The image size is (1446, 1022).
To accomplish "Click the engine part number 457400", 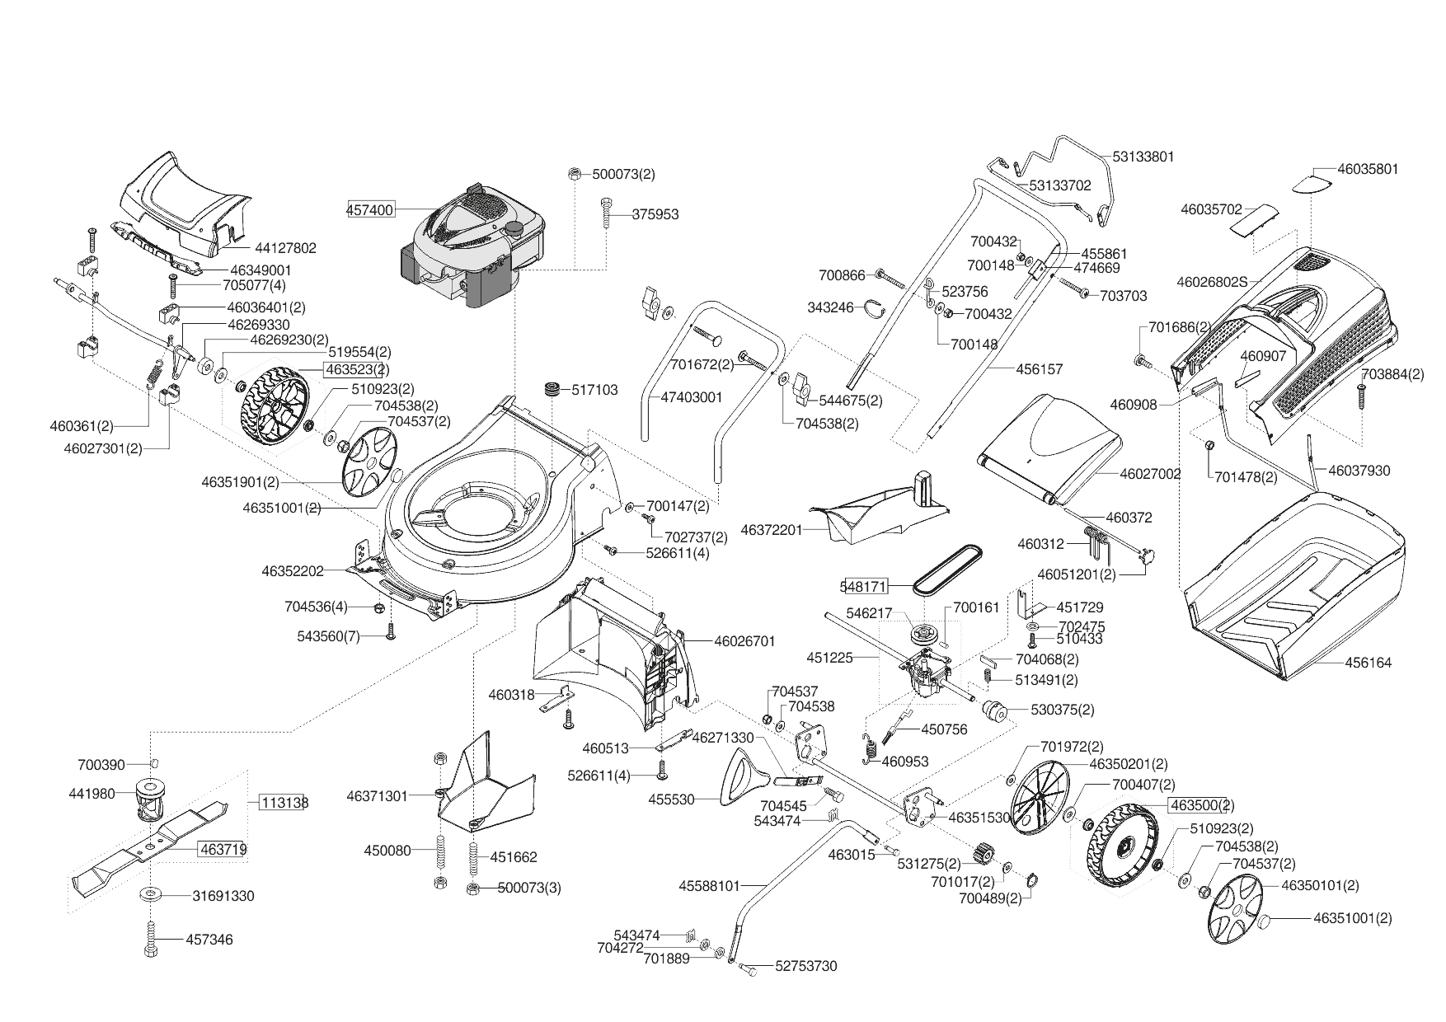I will click(369, 210).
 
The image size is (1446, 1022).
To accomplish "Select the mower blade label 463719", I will click(222, 848).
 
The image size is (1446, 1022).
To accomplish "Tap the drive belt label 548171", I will click(864, 587).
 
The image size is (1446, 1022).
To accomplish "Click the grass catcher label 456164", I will click(1368, 663).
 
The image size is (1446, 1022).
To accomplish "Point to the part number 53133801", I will click(1143, 157).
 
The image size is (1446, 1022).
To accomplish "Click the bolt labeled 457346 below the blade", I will click(151, 939).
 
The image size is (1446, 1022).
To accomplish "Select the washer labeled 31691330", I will click(151, 894).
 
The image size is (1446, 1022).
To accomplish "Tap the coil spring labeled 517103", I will click(552, 389).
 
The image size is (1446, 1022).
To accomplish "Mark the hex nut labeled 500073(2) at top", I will click(574, 174).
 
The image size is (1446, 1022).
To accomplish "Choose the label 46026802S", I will click(1211, 282).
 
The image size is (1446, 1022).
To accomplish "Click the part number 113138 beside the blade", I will click(283, 802).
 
